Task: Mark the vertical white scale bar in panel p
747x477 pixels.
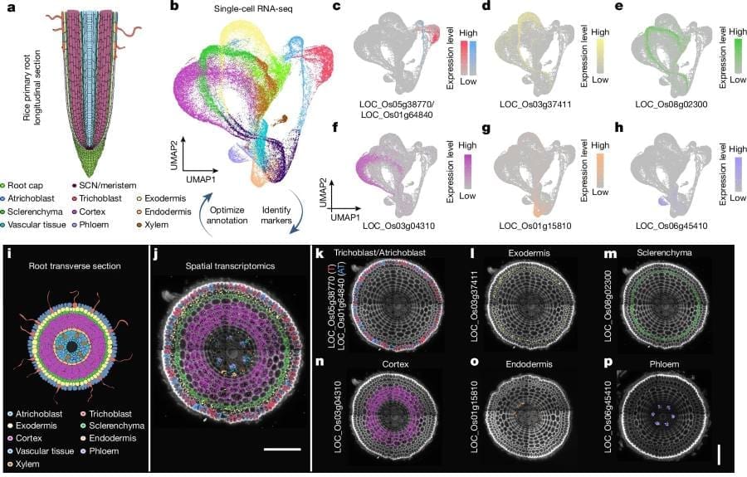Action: (x=720, y=455)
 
